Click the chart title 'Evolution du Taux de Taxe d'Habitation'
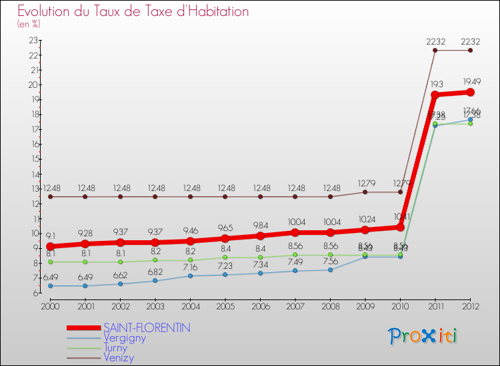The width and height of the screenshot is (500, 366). [133, 11]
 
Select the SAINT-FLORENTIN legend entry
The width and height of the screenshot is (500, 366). [147, 327]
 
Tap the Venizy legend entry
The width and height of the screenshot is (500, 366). [119, 358]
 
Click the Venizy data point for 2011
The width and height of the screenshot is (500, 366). [435, 51]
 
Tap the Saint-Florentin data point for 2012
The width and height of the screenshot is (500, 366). [470, 92]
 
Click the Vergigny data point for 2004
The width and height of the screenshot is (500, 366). [190, 275]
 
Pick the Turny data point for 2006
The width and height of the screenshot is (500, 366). [260, 258]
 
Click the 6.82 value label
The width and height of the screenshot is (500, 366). [155, 272]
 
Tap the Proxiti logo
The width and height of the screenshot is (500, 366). [423, 336]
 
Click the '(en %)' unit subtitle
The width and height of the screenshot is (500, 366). [29, 24]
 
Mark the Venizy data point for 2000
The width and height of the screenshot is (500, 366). [50, 196]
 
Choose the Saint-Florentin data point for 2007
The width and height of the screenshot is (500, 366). [295, 232]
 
